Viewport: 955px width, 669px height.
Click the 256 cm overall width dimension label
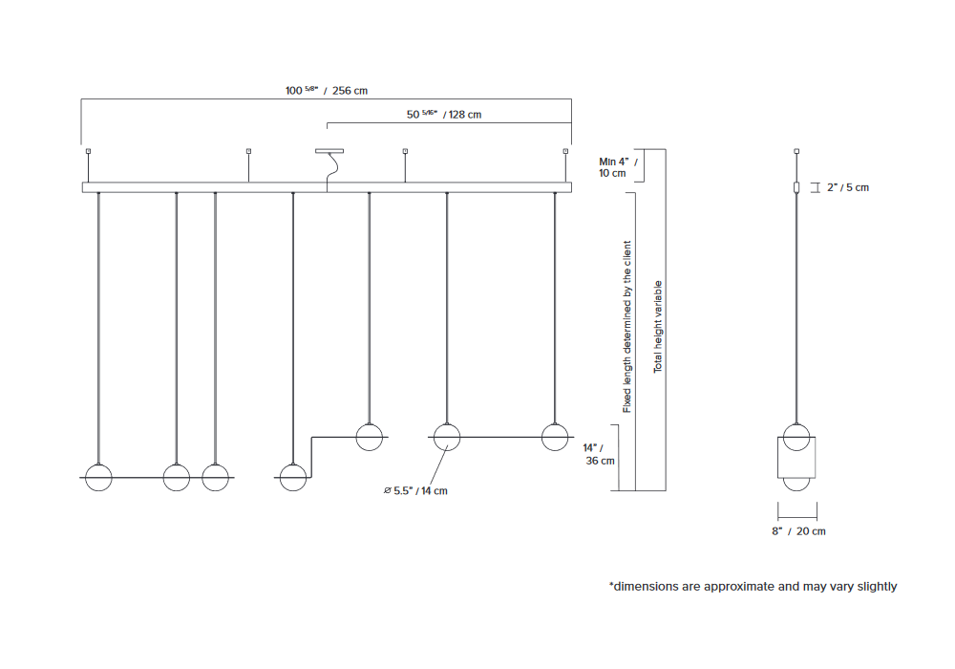327,91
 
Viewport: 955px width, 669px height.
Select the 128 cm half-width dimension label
444,115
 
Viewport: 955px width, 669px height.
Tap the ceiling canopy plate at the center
329,150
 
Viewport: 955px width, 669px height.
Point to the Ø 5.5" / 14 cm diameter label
414,491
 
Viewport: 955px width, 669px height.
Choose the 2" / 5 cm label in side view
846,187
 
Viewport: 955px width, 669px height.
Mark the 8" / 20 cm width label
798,530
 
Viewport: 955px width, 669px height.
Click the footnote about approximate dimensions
753,586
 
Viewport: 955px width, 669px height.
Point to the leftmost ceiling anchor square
88,151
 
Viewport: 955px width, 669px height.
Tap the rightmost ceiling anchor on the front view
566,151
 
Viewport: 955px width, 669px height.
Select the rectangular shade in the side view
797,458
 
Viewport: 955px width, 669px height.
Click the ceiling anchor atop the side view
797,151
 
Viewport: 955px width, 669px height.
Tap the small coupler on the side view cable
797,187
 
